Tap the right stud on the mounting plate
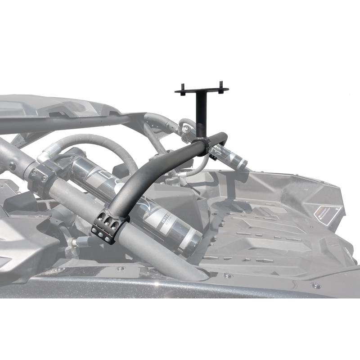click(221, 85)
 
